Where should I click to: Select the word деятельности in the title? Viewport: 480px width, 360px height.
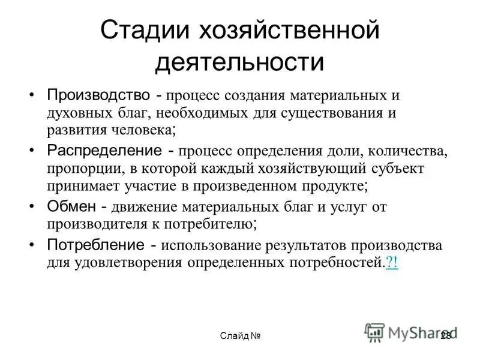pos(239,62)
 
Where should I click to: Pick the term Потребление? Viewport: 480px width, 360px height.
pos(95,245)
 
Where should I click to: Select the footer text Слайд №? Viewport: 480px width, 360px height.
pos(240,335)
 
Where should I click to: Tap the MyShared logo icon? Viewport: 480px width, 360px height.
pos(375,332)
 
